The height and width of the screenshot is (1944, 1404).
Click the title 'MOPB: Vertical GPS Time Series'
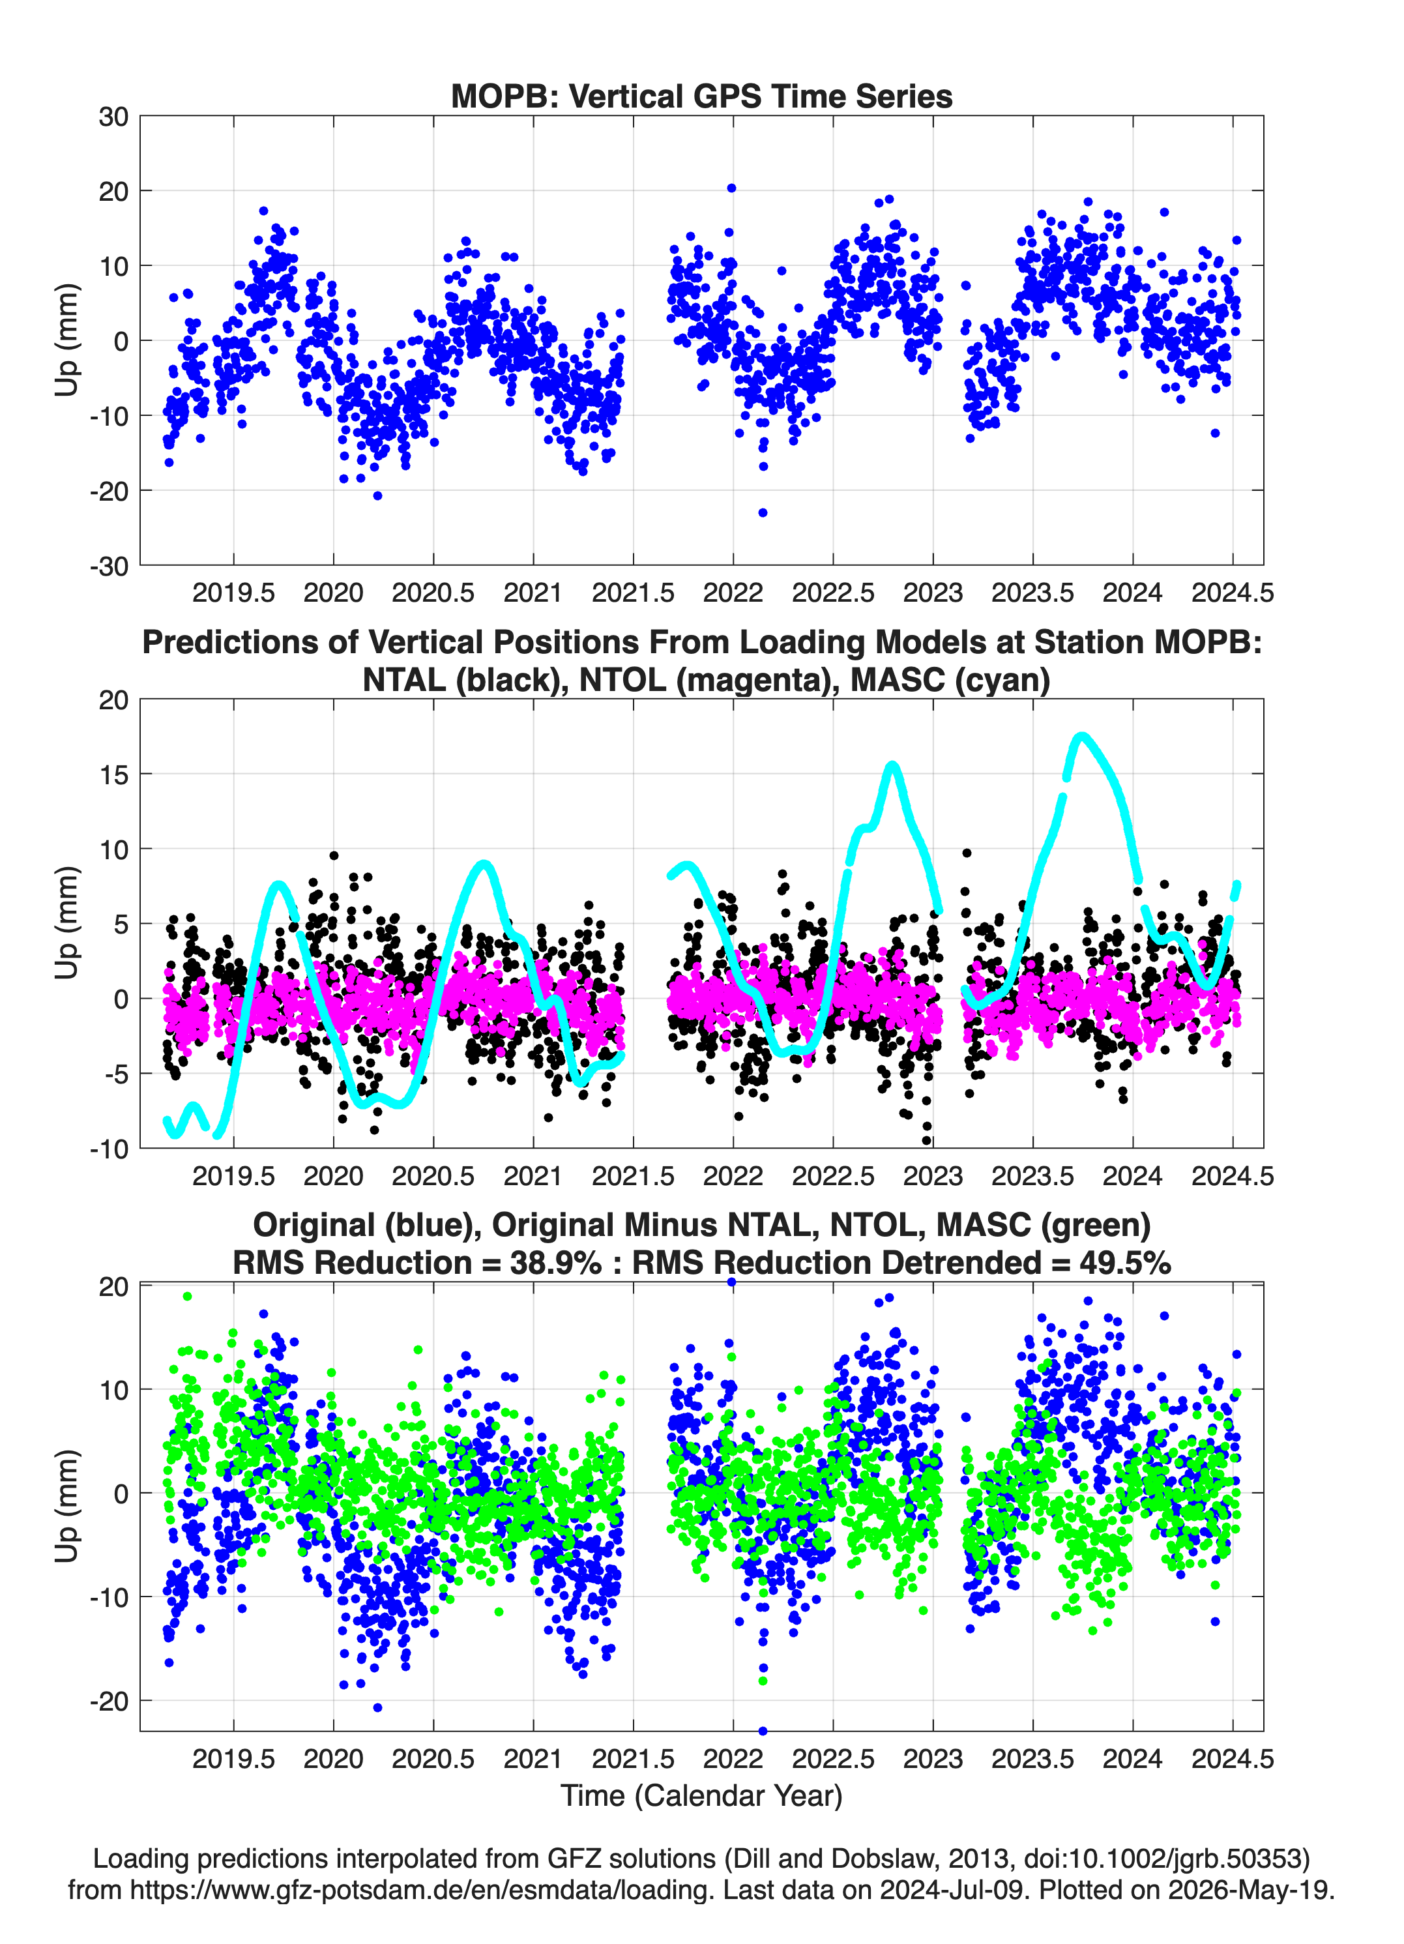[701, 96]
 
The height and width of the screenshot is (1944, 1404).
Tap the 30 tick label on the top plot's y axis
[113, 117]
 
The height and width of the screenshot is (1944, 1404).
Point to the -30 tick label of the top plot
[109, 566]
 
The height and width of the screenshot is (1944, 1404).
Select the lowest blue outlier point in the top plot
[763, 512]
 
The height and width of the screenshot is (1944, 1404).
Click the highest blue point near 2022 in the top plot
[731, 188]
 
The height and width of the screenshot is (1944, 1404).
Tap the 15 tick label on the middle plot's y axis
[113, 774]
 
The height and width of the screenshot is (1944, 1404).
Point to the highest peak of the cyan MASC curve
[1082, 737]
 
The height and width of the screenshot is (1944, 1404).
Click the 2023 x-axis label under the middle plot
[933, 1175]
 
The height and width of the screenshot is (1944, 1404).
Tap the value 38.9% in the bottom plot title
[555, 1263]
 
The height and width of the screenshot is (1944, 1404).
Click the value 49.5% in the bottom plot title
[1124, 1263]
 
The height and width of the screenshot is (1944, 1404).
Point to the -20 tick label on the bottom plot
[109, 1701]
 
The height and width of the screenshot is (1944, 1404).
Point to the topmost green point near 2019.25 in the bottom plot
[188, 1296]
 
